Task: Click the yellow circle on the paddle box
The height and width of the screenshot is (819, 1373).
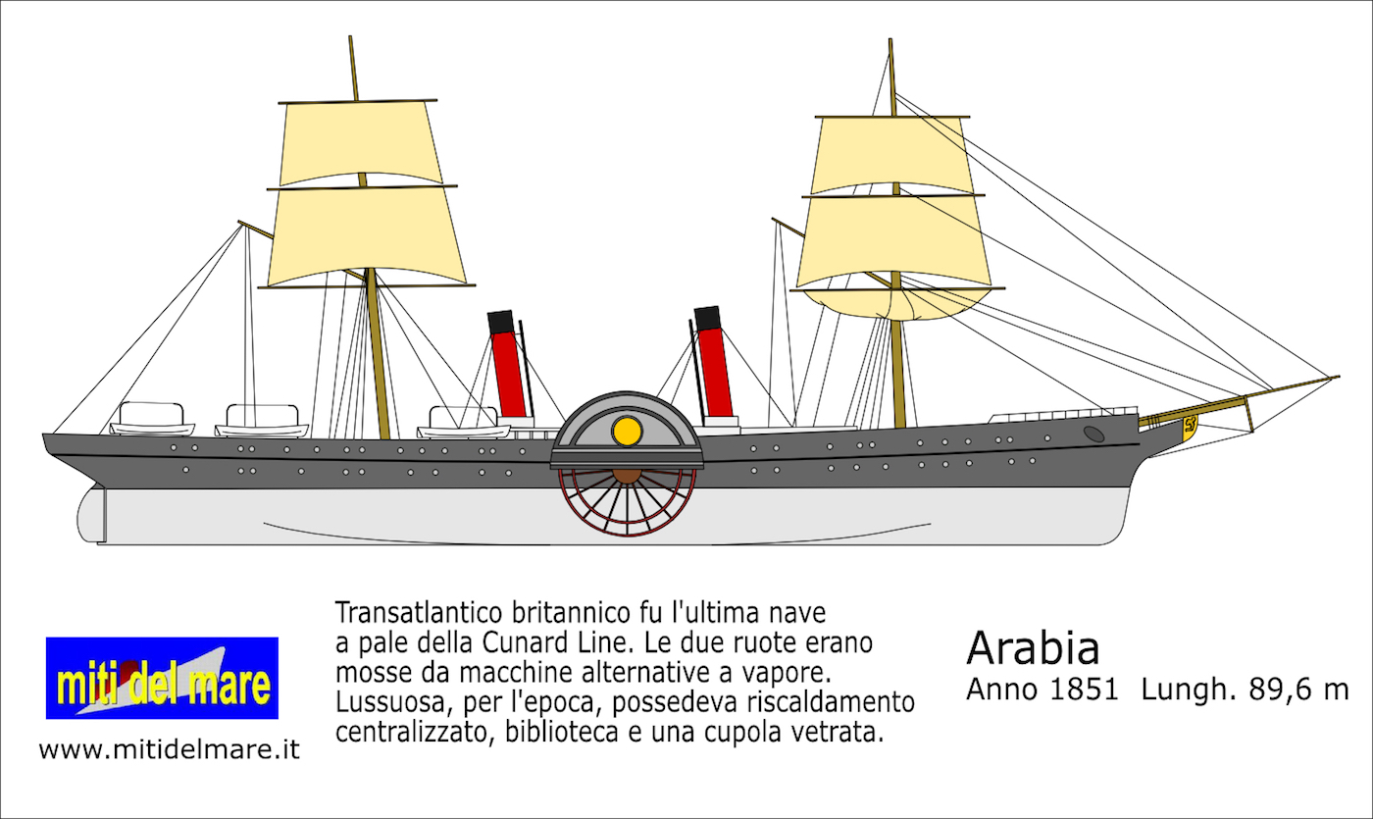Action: (627, 432)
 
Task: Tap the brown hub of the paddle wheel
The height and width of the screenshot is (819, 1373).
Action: (626, 476)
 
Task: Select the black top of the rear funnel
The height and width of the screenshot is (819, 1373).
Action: (500, 323)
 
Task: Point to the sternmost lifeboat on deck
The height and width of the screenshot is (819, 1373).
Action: (152, 419)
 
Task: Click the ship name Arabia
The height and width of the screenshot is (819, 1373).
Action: (1033, 648)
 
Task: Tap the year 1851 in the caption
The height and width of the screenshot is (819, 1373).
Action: (1085, 690)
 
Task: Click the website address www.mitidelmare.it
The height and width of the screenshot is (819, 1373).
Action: (169, 749)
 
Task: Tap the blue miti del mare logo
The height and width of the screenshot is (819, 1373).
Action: (162, 678)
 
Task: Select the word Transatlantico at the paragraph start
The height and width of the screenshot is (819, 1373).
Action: (420, 612)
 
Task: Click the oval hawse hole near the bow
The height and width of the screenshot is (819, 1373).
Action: (1094, 434)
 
